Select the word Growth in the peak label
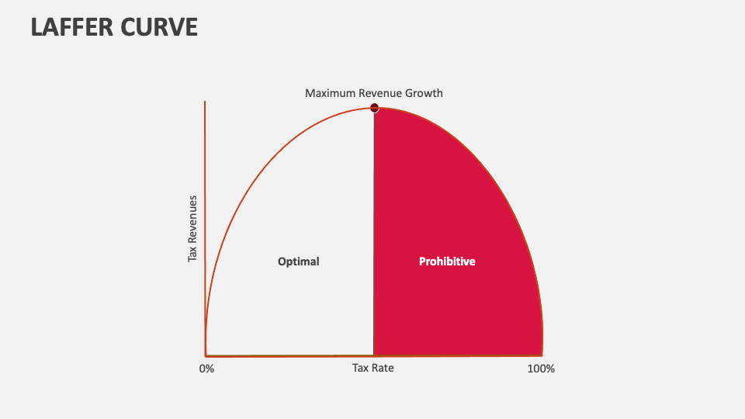click(424, 93)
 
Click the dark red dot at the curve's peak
click(374, 108)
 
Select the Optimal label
click(299, 261)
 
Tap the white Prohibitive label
click(447, 261)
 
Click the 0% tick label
click(206, 369)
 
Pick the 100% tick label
click(541, 369)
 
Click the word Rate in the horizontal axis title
click(383, 368)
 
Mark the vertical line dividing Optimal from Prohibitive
click(374, 233)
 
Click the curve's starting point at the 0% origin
click(206, 355)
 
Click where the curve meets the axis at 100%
click(542, 355)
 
